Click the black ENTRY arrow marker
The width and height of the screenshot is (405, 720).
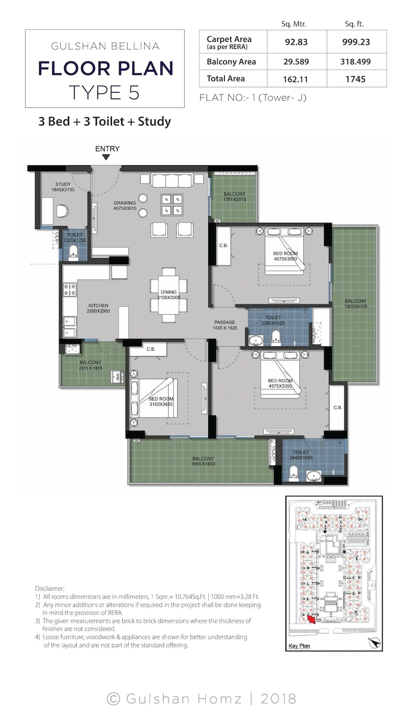tap(107, 157)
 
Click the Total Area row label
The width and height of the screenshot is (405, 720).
tap(226, 79)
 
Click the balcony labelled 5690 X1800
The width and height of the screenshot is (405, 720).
tap(202, 462)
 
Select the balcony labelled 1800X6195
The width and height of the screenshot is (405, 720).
tap(355, 305)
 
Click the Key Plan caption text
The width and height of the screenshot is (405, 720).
tap(298, 647)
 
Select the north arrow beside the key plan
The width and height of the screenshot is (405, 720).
tap(373, 643)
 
